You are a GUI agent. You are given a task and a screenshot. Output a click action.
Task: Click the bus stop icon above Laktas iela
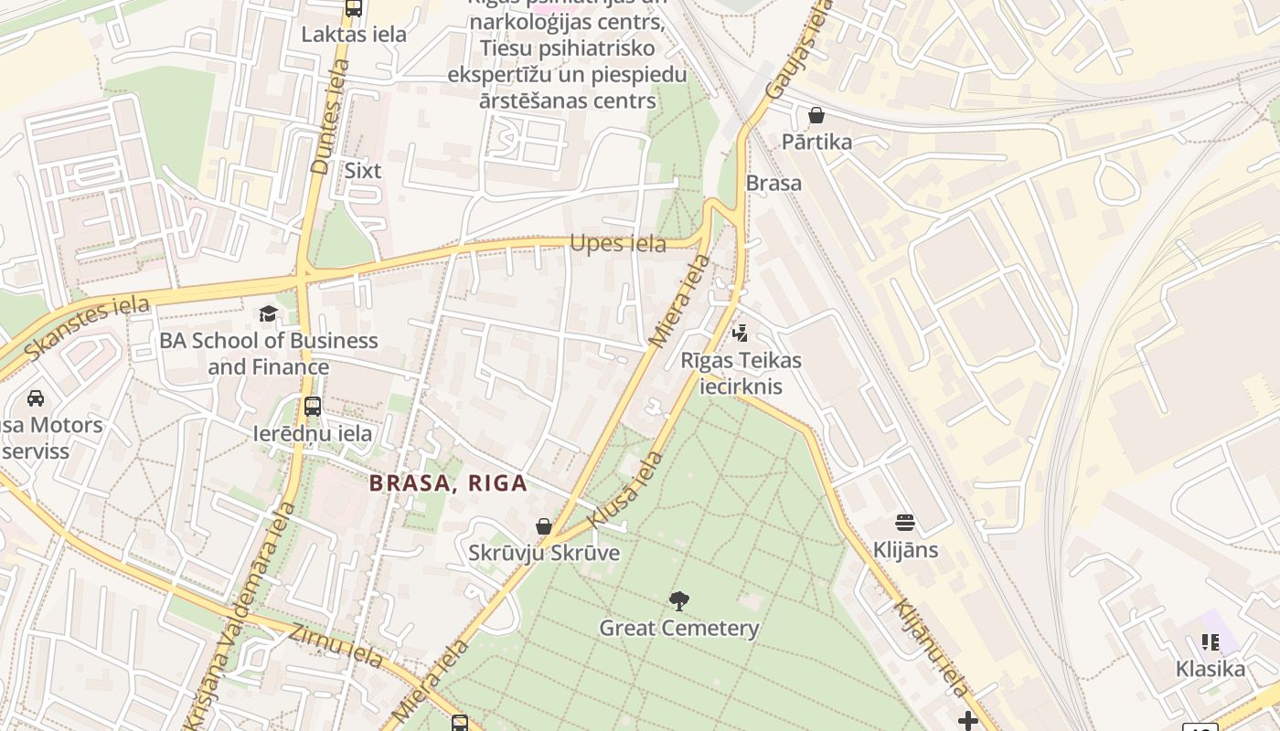(x=354, y=8)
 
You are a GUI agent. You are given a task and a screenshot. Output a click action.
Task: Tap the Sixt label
(x=362, y=170)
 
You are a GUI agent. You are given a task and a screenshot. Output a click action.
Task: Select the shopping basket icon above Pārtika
(x=816, y=115)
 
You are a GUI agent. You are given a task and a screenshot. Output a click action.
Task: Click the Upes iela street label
(x=618, y=244)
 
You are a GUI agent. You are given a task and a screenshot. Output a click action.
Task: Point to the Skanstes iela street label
(x=87, y=327)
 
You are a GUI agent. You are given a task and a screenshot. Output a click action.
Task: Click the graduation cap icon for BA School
(x=268, y=313)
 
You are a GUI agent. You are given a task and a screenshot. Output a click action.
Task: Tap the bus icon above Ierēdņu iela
(x=313, y=406)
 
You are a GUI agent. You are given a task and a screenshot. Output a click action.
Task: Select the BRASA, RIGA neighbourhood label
(x=449, y=483)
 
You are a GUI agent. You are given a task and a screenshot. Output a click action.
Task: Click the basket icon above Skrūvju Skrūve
(x=544, y=526)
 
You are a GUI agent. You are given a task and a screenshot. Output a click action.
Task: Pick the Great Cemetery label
(x=678, y=628)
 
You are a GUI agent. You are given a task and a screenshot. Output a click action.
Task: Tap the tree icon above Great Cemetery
(x=678, y=600)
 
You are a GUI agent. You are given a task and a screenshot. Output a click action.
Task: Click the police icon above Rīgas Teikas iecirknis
(x=741, y=333)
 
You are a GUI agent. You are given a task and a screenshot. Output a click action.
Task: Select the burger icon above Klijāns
(x=905, y=523)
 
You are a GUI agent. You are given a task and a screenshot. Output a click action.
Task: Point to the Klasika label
(x=1211, y=668)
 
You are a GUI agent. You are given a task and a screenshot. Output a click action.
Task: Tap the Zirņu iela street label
(x=336, y=646)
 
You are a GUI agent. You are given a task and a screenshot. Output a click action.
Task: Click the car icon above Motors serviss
(x=36, y=397)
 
